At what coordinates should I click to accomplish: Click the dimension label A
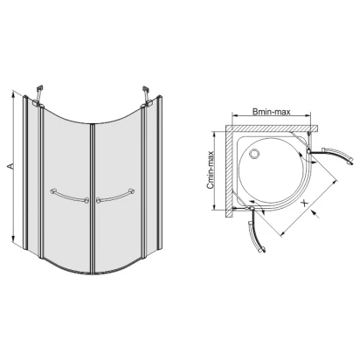pyautogui.click(x=10, y=166)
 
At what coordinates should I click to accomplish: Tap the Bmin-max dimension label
pyautogui.click(x=272, y=112)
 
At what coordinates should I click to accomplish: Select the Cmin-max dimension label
pyautogui.click(x=211, y=170)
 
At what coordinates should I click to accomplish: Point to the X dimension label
pyautogui.click(x=304, y=203)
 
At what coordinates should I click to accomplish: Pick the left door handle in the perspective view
pyautogui.click(x=70, y=196)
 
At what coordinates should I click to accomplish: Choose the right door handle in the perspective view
pyautogui.click(x=115, y=196)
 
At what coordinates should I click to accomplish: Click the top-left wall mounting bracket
pyautogui.click(x=38, y=94)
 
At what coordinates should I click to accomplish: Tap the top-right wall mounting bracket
pyautogui.click(x=147, y=94)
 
